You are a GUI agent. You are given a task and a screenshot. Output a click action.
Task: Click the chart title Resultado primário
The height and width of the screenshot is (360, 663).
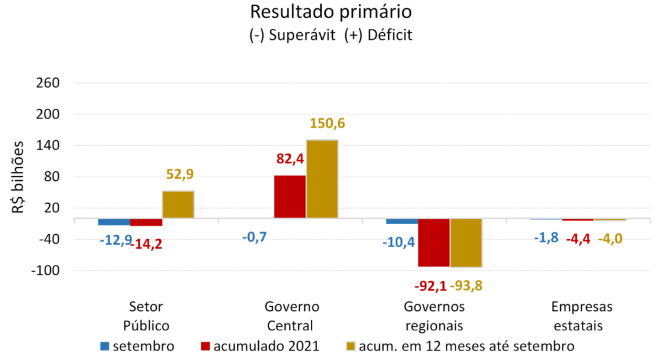pyautogui.click(x=331, y=12)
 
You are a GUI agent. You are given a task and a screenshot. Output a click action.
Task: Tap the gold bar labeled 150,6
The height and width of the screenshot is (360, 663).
pyautogui.click(x=322, y=179)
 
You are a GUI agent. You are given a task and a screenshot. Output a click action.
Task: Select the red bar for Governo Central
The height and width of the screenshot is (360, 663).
pyautogui.click(x=290, y=197)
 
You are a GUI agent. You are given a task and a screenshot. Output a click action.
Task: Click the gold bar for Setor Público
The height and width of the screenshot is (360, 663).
pyautogui.click(x=178, y=205)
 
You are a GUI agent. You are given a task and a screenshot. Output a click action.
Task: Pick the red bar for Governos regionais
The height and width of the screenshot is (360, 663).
pyautogui.click(x=434, y=242)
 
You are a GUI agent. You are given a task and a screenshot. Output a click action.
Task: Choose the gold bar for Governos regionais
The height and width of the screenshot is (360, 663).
pyautogui.click(x=466, y=243)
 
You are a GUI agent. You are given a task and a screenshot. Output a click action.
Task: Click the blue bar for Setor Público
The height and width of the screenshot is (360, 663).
pyautogui.click(x=114, y=221)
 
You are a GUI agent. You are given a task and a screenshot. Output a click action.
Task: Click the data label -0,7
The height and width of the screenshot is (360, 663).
pyautogui.click(x=254, y=237)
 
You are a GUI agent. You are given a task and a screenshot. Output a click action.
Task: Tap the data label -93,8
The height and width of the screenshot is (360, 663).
pyautogui.click(x=466, y=286)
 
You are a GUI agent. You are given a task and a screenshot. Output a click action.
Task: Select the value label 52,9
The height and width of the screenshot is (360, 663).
pyautogui.click(x=179, y=175)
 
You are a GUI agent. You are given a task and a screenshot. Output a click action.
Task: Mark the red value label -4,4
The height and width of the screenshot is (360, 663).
pyautogui.click(x=578, y=238)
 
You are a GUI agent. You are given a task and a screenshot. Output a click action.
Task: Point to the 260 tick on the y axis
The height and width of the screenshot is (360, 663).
pyautogui.click(x=48, y=83)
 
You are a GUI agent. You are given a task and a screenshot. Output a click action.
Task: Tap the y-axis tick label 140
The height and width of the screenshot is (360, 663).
pyautogui.click(x=48, y=146)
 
